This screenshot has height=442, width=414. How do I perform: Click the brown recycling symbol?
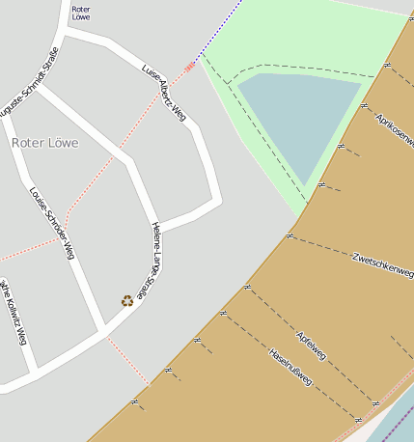pos(126,300)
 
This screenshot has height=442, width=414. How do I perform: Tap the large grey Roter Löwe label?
pos(45,142)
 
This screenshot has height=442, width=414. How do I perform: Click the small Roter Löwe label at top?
pos(81,13)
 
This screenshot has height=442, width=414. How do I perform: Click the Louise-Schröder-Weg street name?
pos(52,223)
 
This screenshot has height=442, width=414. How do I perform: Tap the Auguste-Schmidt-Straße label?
pos(29,83)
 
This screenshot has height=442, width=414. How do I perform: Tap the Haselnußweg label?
pos(290,367)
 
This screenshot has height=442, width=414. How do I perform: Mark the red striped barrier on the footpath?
pos(190,67)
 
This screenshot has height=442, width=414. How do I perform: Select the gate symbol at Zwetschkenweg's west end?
pos(290,235)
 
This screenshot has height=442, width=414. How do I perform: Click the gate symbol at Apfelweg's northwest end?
pos(247,287)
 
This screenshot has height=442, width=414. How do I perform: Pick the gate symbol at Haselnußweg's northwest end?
pos(223,313)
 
